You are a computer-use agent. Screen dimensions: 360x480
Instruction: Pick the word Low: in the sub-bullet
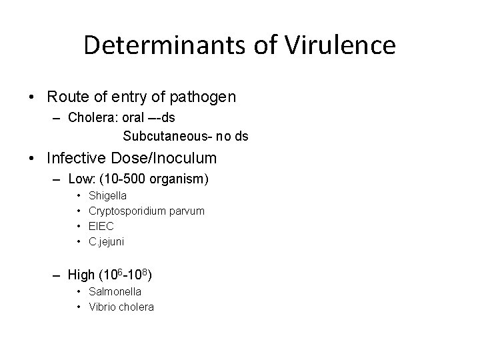(x=81, y=179)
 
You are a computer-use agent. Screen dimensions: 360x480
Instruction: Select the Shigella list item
(x=107, y=196)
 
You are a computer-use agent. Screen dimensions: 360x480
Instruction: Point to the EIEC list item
(x=101, y=226)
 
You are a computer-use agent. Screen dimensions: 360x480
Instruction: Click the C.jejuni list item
(x=107, y=241)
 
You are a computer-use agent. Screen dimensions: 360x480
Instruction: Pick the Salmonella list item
(x=115, y=291)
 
